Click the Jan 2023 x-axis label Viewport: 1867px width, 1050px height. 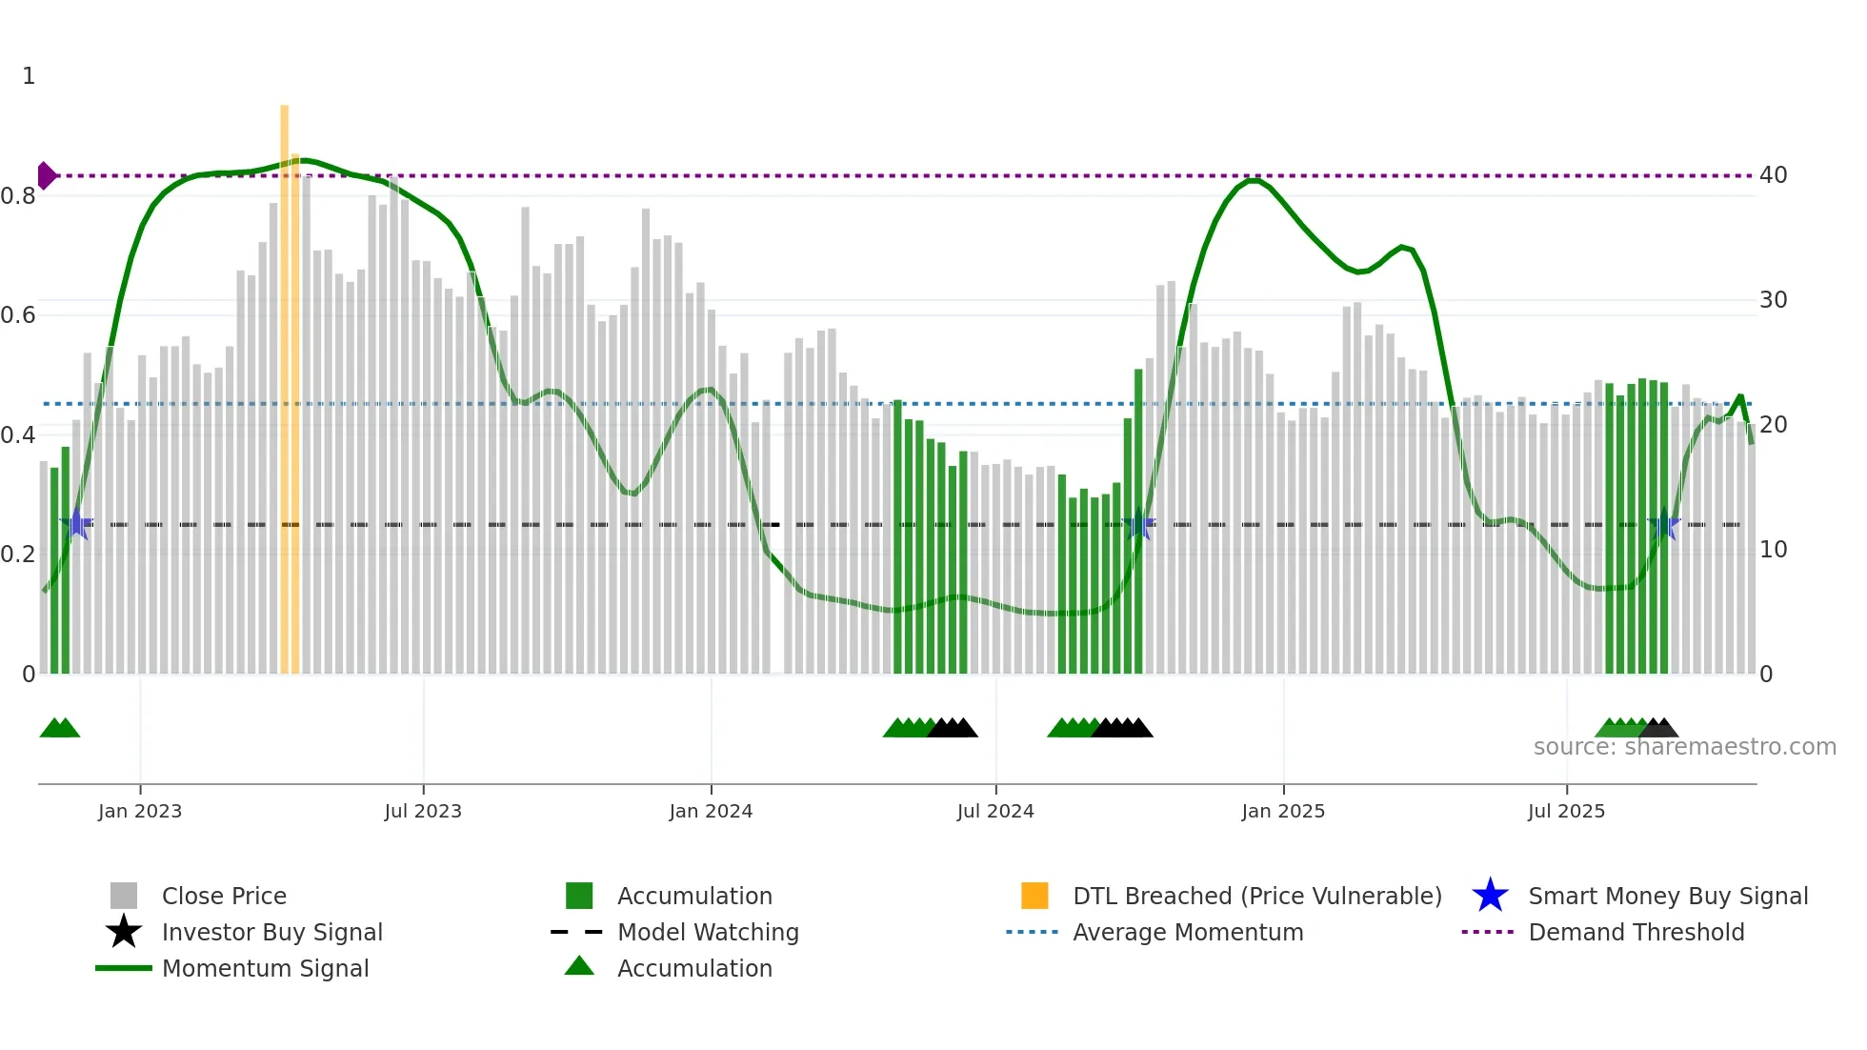(x=139, y=811)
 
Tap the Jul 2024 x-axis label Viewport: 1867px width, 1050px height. (x=995, y=811)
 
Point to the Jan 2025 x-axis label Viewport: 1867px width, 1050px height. (x=1283, y=811)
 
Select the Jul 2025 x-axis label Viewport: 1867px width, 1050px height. (x=1566, y=811)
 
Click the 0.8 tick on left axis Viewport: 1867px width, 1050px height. (x=18, y=196)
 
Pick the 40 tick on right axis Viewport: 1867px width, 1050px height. (x=1773, y=175)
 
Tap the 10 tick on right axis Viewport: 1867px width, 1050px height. (x=1773, y=550)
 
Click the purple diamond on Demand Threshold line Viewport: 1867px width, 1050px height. (x=46, y=176)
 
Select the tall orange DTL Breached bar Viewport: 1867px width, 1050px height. (x=285, y=381)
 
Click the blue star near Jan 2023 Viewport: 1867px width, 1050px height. (x=76, y=524)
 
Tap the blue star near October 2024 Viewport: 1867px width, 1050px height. (x=1138, y=524)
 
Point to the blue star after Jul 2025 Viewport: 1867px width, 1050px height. (x=1664, y=524)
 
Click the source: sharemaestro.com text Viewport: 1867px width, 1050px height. (x=1684, y=747)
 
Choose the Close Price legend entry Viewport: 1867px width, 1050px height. (x=223, y=896)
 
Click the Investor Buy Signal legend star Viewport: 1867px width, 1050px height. (x=124, y=932)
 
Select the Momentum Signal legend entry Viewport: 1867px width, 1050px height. (x=264, y=968)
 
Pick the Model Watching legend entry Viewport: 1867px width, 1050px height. (x=707, y=932)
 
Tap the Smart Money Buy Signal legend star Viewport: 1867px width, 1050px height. (x=1490, y=896)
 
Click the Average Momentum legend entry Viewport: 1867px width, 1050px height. (x=1187, y=932)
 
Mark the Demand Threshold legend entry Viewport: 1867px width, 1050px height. (x=1636, y=932)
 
